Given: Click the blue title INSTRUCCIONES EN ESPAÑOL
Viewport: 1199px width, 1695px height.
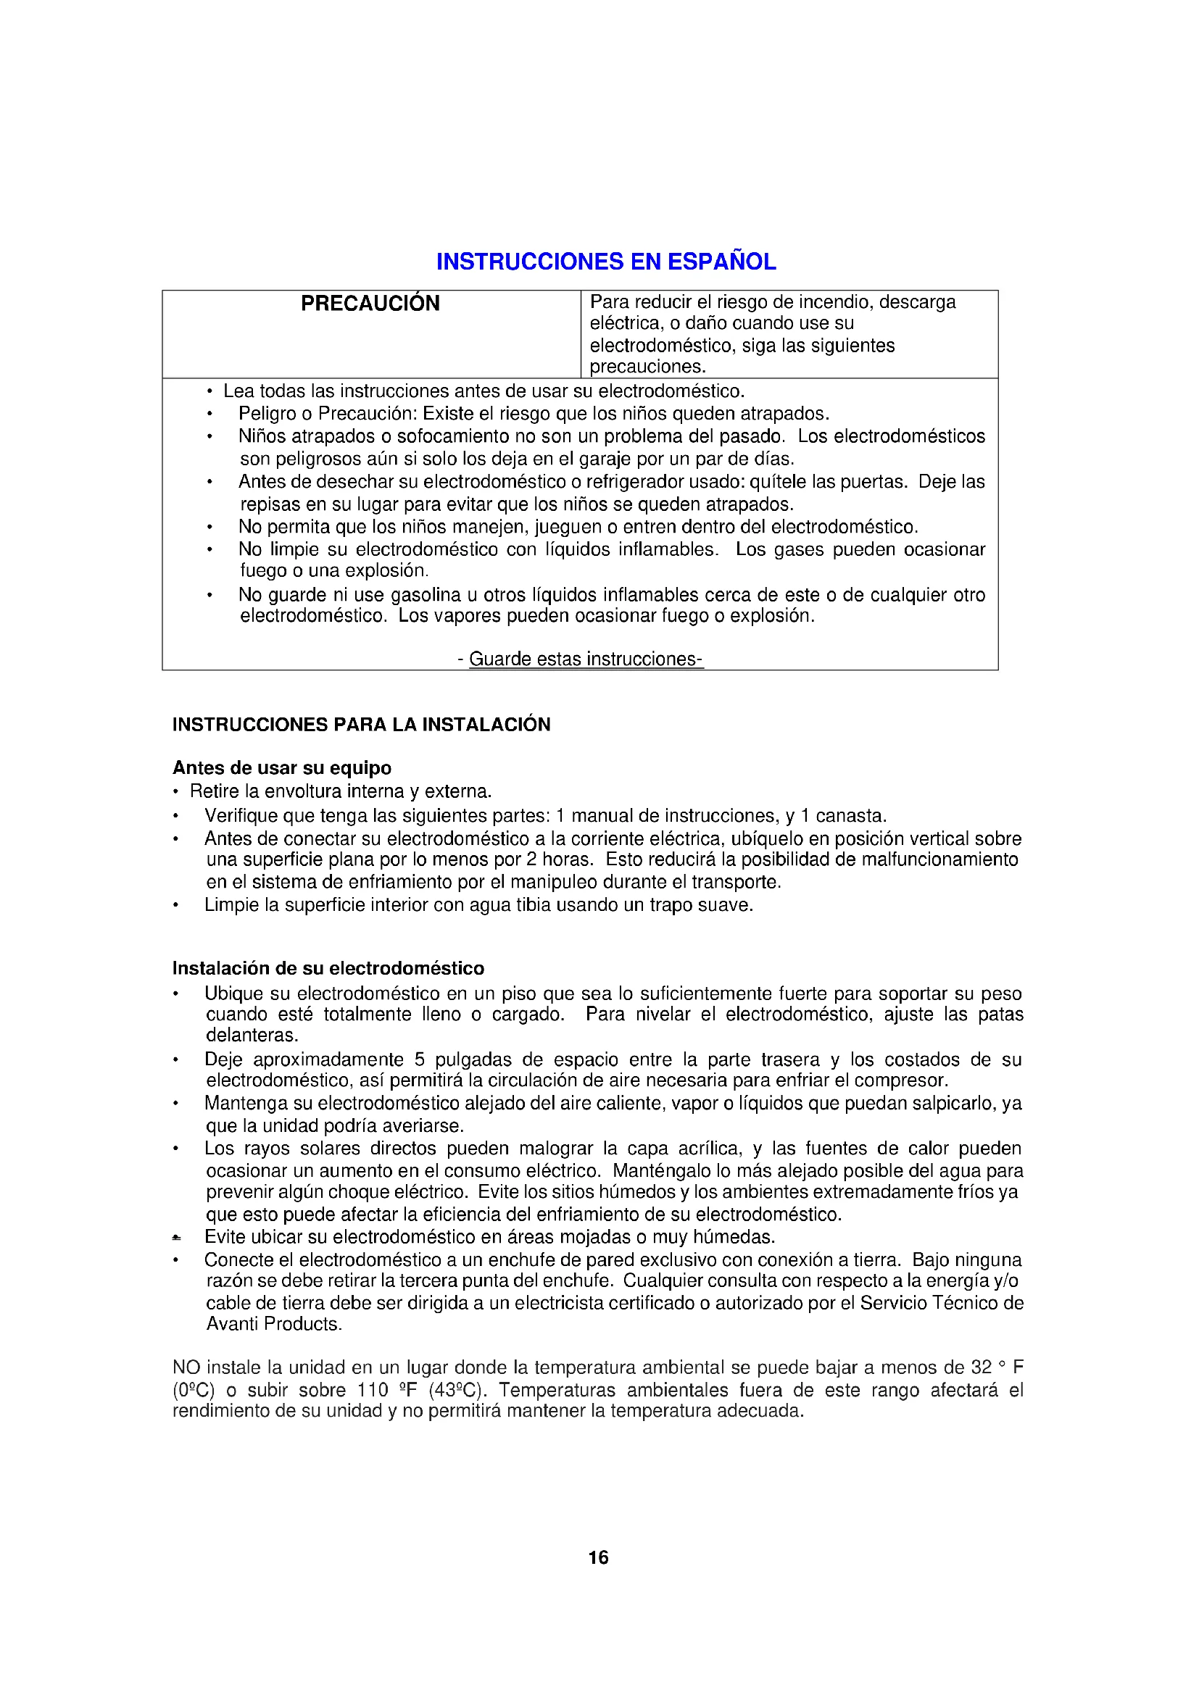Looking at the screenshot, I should pyautogui.click(x=605, y=262).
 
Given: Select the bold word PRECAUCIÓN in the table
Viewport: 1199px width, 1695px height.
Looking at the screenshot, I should pyautogui.click(x=370, y=304).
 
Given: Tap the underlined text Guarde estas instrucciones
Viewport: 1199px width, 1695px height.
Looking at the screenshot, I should pyautogui.click(x=585, y=659).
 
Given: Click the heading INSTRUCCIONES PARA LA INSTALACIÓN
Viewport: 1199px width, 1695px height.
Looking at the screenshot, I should pyautogui.click(x=361, y=724).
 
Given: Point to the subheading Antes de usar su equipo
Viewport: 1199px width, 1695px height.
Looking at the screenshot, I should pyautogui.click(x=281, y=767).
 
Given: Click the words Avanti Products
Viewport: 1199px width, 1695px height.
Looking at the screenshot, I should pyautogui.click(x=273, y=1324).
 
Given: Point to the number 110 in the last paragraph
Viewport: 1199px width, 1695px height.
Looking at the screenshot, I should pyautogui.click(x=373, y=1390).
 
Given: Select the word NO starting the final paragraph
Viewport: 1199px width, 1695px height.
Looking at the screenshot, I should pyautogui.click(x=187, y=1367).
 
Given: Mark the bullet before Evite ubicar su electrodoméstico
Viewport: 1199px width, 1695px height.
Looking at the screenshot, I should pyautogui.click(x=175, y=1237).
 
